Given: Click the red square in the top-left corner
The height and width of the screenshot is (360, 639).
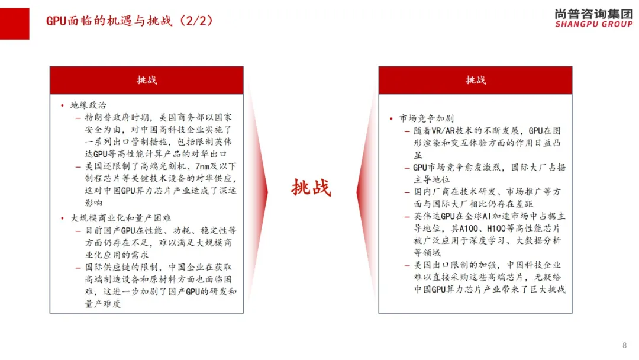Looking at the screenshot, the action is point(15,24).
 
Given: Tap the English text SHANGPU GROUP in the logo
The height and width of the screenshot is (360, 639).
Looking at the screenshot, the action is point(594,24).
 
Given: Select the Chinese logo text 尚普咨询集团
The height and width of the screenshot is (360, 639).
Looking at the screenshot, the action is point(594,14).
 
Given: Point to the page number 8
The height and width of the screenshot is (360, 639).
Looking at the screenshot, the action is point(624,345).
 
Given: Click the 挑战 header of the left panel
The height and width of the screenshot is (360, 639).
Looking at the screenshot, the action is point(147,80).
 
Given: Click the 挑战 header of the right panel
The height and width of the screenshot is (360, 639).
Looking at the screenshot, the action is point(476,80).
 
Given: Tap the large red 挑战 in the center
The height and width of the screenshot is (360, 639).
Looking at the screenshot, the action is point(311,188).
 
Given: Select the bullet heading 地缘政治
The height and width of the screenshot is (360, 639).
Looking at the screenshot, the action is point(88,105).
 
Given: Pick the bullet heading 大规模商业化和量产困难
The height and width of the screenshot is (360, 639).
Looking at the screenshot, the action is point(121,218).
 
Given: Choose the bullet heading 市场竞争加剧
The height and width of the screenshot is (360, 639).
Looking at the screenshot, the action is point(427,118).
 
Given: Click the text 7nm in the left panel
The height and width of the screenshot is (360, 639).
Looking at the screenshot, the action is point(202,166).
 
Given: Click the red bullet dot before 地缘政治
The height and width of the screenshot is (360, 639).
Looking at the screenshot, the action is point(62,105).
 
